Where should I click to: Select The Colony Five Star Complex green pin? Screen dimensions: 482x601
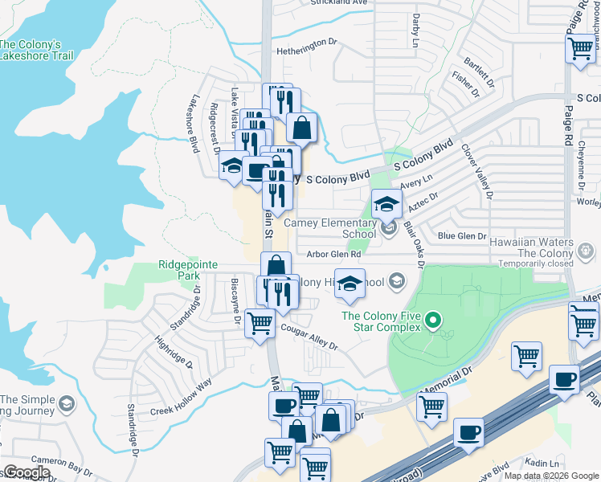pos(433,323)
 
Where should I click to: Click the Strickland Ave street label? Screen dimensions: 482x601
pos(339,3)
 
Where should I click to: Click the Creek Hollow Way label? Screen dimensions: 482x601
pos(181,396)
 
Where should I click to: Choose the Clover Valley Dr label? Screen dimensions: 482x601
pos(476,170)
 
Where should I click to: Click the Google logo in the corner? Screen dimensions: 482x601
pos(27,472)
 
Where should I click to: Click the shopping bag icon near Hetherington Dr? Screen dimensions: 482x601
pos(301,127)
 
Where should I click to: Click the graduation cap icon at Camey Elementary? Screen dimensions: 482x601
pos(386,203)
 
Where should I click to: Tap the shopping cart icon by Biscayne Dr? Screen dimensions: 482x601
pos(260,323)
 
